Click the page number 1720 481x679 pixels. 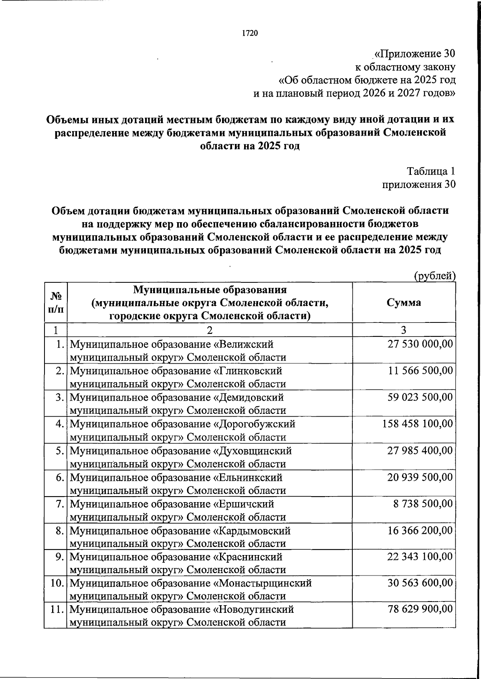(x=249, y=33)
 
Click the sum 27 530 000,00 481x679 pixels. (x=420, y=344)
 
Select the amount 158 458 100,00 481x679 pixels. (x=417, y=424)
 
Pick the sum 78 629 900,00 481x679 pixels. (x=420, y=609)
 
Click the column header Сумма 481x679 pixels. (x=404, y=302)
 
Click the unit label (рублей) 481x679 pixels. (x=435, y=276)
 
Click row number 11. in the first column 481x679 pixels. (x=58, y=609)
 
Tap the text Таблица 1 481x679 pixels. (x=431, y=171)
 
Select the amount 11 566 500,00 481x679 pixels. (x=420, y=371)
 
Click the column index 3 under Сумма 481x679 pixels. (x=404, y=330)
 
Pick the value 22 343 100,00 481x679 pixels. (x=420, y=556)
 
